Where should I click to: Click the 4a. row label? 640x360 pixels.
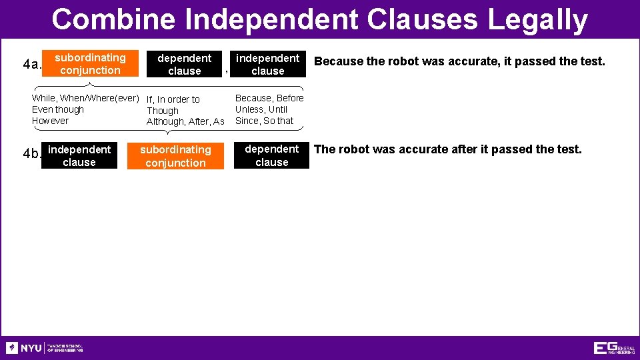coord(31,65)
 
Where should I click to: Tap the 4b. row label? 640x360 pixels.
coord(31,154)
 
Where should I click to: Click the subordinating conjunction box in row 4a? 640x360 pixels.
coord(90,64)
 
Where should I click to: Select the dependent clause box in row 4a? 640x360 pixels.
coord(184,65)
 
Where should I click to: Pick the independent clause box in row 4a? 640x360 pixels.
coord(268,65)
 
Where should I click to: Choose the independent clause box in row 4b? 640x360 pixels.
coord(79,156)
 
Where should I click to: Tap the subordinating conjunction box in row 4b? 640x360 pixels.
coord(175,156)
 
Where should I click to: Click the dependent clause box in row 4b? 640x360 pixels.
coord(271,155)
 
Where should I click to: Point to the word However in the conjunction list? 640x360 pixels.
coord(50,121)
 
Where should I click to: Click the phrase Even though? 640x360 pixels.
coord(58,109)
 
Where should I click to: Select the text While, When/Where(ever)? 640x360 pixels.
coord(85,98)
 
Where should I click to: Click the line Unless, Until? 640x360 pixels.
coord(261,109)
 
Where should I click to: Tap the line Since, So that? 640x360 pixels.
coord(264,121)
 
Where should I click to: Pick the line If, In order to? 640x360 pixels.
coord(173,99)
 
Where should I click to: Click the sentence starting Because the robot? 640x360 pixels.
coord(459,61)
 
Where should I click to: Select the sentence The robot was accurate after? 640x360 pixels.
coord(447,149)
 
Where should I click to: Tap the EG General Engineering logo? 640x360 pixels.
coord(614,348)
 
